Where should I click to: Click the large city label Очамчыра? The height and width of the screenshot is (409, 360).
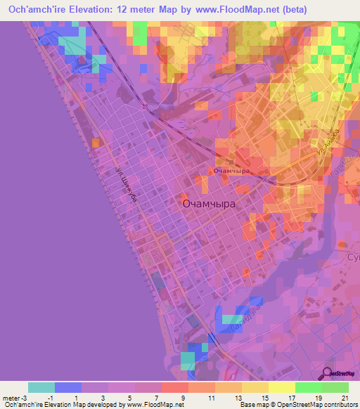[x=208, y=203]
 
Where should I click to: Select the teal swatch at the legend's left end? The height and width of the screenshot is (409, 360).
[x=41, y=387]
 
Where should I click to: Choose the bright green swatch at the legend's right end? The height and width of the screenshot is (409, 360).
[x=335, y=387]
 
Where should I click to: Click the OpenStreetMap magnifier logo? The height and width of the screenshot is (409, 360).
[x=327, y=374]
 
